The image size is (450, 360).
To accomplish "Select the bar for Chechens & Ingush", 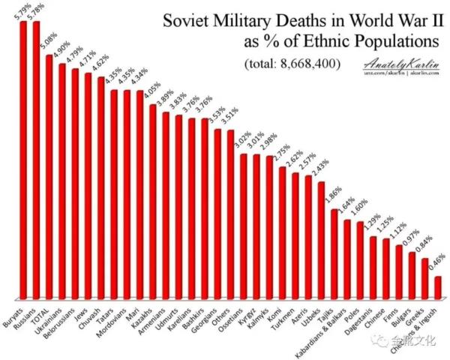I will [438, 287].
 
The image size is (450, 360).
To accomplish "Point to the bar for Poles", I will [361, 259].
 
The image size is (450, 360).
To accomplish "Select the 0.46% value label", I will [439, 263].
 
